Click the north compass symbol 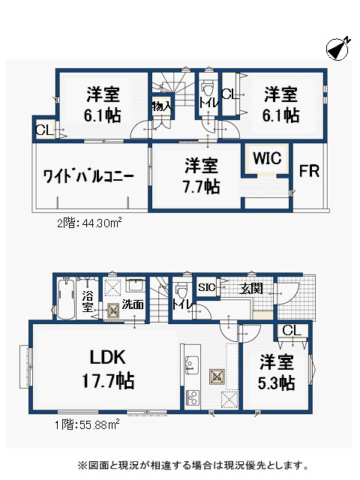338,48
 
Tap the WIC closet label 267,158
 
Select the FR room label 309,171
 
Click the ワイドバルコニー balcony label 88,176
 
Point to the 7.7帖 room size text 202,187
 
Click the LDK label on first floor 108,357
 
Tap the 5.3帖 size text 277,382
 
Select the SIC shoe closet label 207,287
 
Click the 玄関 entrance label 251,288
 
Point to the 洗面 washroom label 133,304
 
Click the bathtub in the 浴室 67,298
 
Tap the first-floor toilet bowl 181,290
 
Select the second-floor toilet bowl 208,89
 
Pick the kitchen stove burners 192,398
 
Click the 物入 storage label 162,106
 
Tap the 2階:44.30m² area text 89,223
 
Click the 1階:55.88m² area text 87,424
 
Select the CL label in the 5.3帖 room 292,331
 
